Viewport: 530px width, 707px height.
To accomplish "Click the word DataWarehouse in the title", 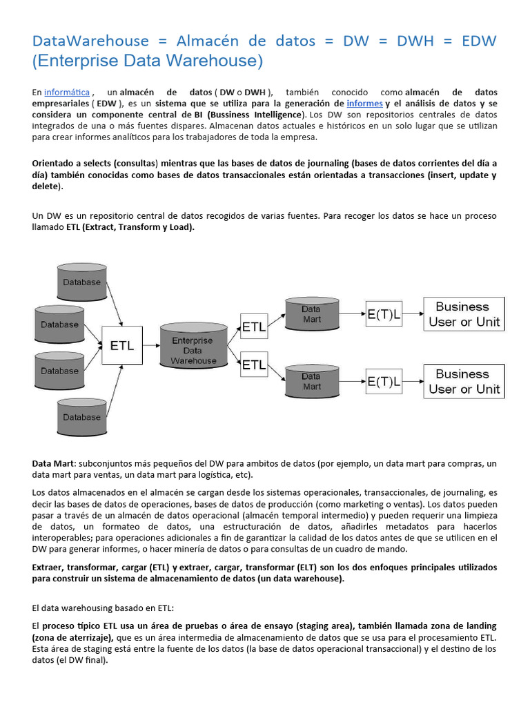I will tap(90, 41).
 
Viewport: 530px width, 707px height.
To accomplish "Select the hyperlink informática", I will tap(67, 93).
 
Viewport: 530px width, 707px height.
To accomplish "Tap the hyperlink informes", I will tap(364, 103).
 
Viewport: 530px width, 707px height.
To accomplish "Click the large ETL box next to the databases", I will tap(123, 346).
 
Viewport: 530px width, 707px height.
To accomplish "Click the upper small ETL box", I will tap(254, 327).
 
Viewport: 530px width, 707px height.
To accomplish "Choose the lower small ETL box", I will tap(254, 365).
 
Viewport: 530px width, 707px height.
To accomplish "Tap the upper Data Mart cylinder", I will tap(311, 314).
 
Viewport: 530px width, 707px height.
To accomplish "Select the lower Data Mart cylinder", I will tap(311, 381).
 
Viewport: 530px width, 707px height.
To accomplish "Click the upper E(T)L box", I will tap(384, 314).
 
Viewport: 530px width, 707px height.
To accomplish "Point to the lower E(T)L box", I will tap(384, 380).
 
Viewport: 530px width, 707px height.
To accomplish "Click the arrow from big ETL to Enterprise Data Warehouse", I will tap(152, 346).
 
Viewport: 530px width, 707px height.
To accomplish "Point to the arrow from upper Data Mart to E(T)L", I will tap(352, 314).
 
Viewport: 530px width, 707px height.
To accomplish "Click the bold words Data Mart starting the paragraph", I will tap(52, 464).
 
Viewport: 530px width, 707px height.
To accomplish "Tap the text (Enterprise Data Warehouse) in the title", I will tap(148, 61).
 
